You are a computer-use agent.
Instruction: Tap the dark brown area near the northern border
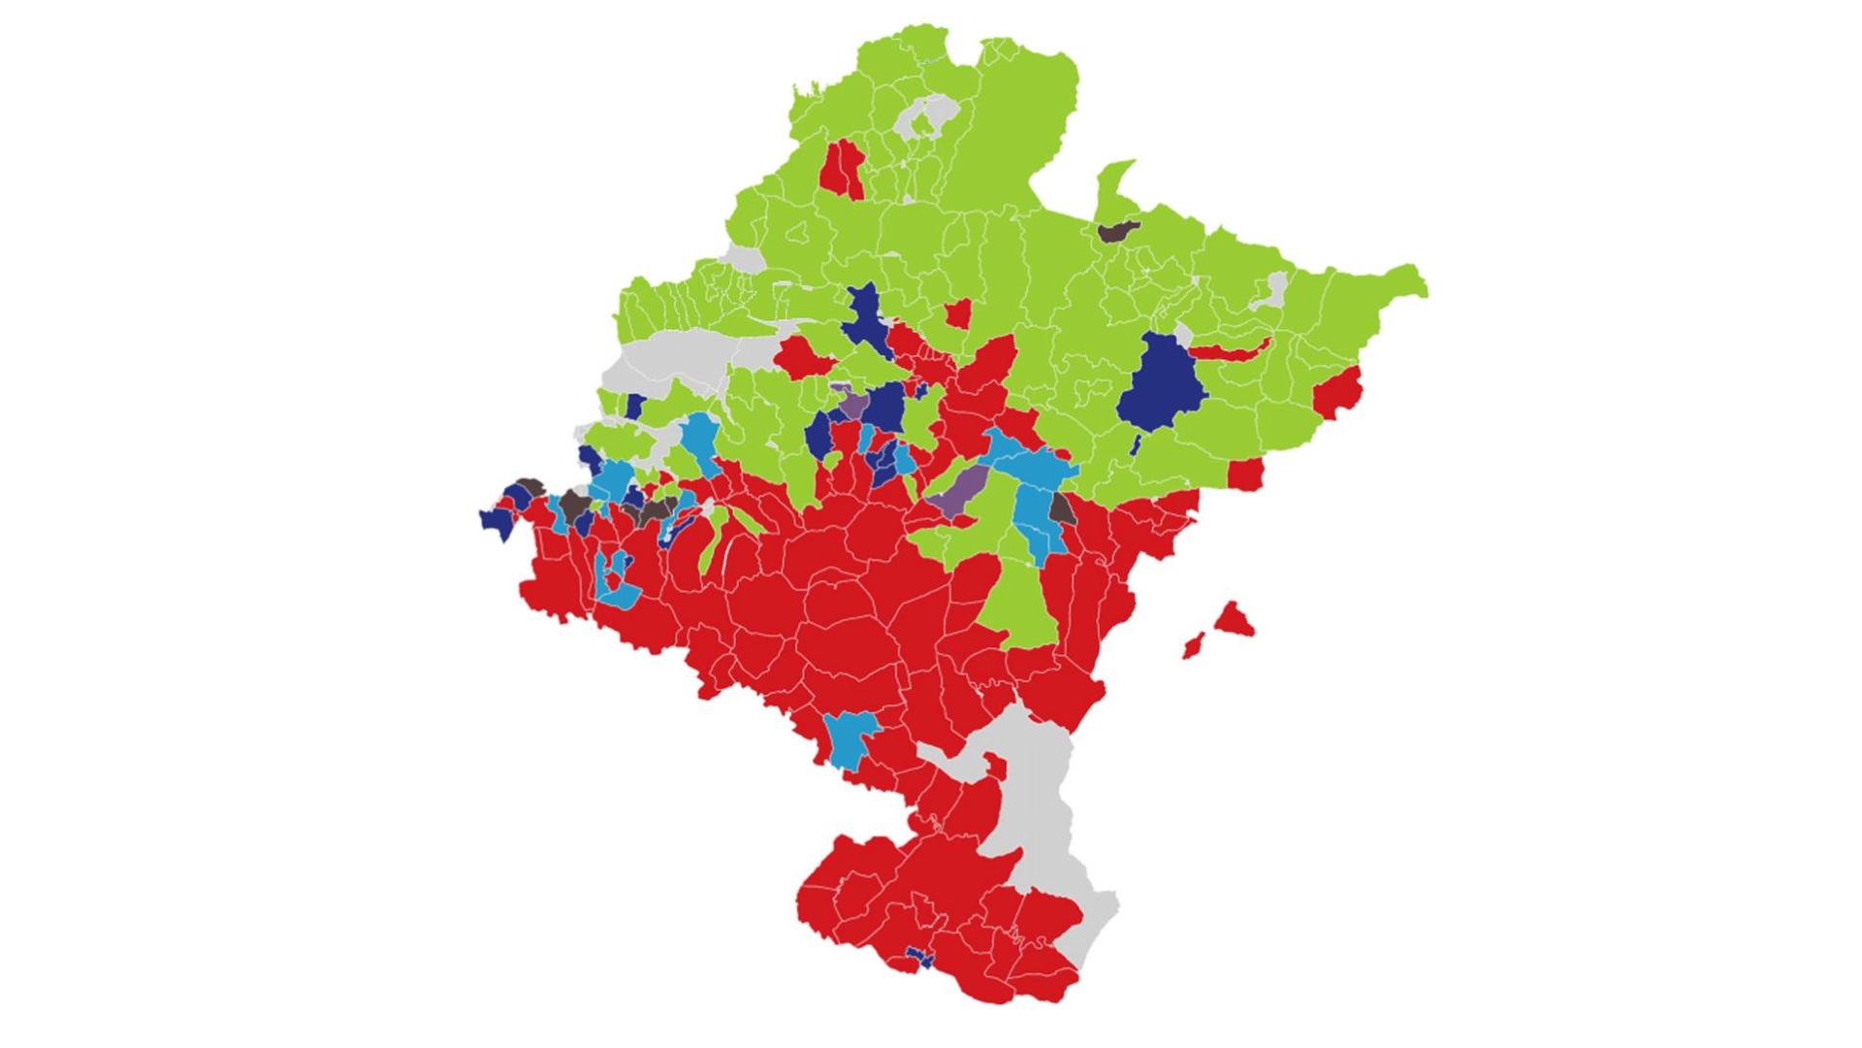(1117, 231)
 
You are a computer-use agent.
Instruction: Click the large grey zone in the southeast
(1038, 805)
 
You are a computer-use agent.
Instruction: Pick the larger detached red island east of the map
(1234, 619)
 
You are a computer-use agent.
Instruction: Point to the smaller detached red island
(1193, 645)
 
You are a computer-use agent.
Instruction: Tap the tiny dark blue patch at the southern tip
(917, 960)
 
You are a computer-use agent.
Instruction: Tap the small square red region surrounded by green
(958, 313)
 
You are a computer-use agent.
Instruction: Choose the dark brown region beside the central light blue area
(1063, 508)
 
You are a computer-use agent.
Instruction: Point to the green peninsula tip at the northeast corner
(1411, 281)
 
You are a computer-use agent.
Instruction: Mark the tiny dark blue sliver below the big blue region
(1135, 444)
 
